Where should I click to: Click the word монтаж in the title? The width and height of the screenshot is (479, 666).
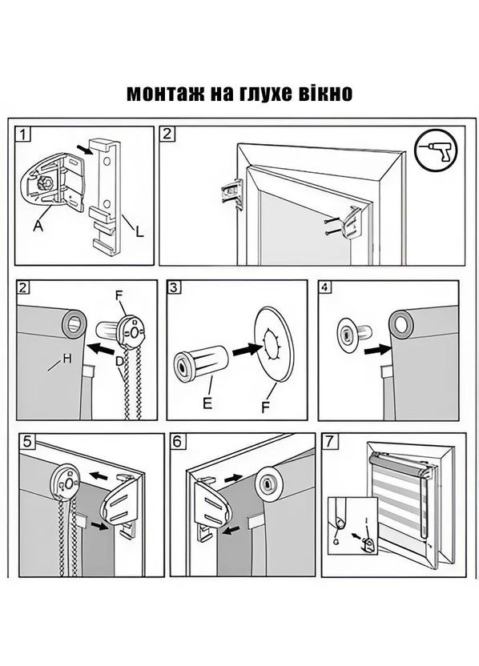coord(163,93)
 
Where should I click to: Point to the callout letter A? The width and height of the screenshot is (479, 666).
coord(38,227)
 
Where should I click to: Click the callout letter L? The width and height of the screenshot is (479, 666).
coord(140,232)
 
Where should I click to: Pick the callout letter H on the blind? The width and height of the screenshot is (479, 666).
coord(67,359)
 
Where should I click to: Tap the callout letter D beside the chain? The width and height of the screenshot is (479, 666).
coord(120,361)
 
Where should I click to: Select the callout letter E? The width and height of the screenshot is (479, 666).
coord(207,403)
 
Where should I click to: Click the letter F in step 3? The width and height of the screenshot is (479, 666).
coord(265,407)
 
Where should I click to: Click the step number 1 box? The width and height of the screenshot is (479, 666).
coord(23,134)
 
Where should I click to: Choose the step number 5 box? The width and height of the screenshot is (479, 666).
coord(27,442)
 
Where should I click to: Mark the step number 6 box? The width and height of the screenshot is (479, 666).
coord(177,441)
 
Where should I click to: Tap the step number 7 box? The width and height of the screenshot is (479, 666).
coord(329,441)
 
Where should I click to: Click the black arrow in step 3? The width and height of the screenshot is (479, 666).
coord(247,350)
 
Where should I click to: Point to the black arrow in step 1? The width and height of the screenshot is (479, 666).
coord(86,150)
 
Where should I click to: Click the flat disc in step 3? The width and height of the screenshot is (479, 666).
coord(274,343)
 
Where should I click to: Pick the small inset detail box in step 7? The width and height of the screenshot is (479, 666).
coord(352,526)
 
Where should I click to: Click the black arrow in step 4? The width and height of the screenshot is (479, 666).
coord(377,351)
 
